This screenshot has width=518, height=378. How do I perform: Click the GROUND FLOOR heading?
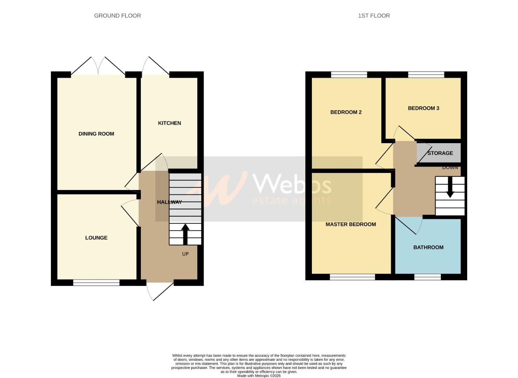pyautogui.click(x=117, y=16)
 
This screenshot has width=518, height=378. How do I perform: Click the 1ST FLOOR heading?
pyautogui.click(x=374, y=16)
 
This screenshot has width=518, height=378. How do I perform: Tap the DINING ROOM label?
pyautogui.click(x=96, y=134)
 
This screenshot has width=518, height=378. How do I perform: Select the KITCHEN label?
pyautogui.click(x=169, y=123)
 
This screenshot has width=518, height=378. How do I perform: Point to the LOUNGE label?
pyautogui.click(x=96, y=238)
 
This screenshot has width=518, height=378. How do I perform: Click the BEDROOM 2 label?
pyautogui.click(x=346, y=112)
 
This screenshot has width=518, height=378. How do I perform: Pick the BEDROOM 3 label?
pyautogui.click(x=423, y=108)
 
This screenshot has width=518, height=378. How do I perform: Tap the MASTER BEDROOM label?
pyautogui.click(x=350, y=224)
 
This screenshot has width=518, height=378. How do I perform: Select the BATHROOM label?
pyautogui.click(x=428, y=247)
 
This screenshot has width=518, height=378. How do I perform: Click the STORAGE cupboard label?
pyautogui.click(x=440, y=153)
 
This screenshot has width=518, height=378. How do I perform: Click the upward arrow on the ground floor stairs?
pyautogui.click(x=185, y=234)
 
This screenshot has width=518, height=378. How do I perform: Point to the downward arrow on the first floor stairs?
pyautogui.click(x=450, y=187)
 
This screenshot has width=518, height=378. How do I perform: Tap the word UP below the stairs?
pyautogui.click(x=185, y=254)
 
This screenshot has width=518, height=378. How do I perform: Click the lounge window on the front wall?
pyautogui.click(x=96, y=283)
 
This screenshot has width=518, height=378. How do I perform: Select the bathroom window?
pyautogui.click(x=427, y=277)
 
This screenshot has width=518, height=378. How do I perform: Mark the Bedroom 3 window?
pyautogui.click(x=426, y=75)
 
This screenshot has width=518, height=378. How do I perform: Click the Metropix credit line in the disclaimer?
pyautogui.click(x=259, y=376)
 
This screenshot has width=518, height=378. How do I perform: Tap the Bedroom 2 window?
pyautogui.click(x=349, y=75)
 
